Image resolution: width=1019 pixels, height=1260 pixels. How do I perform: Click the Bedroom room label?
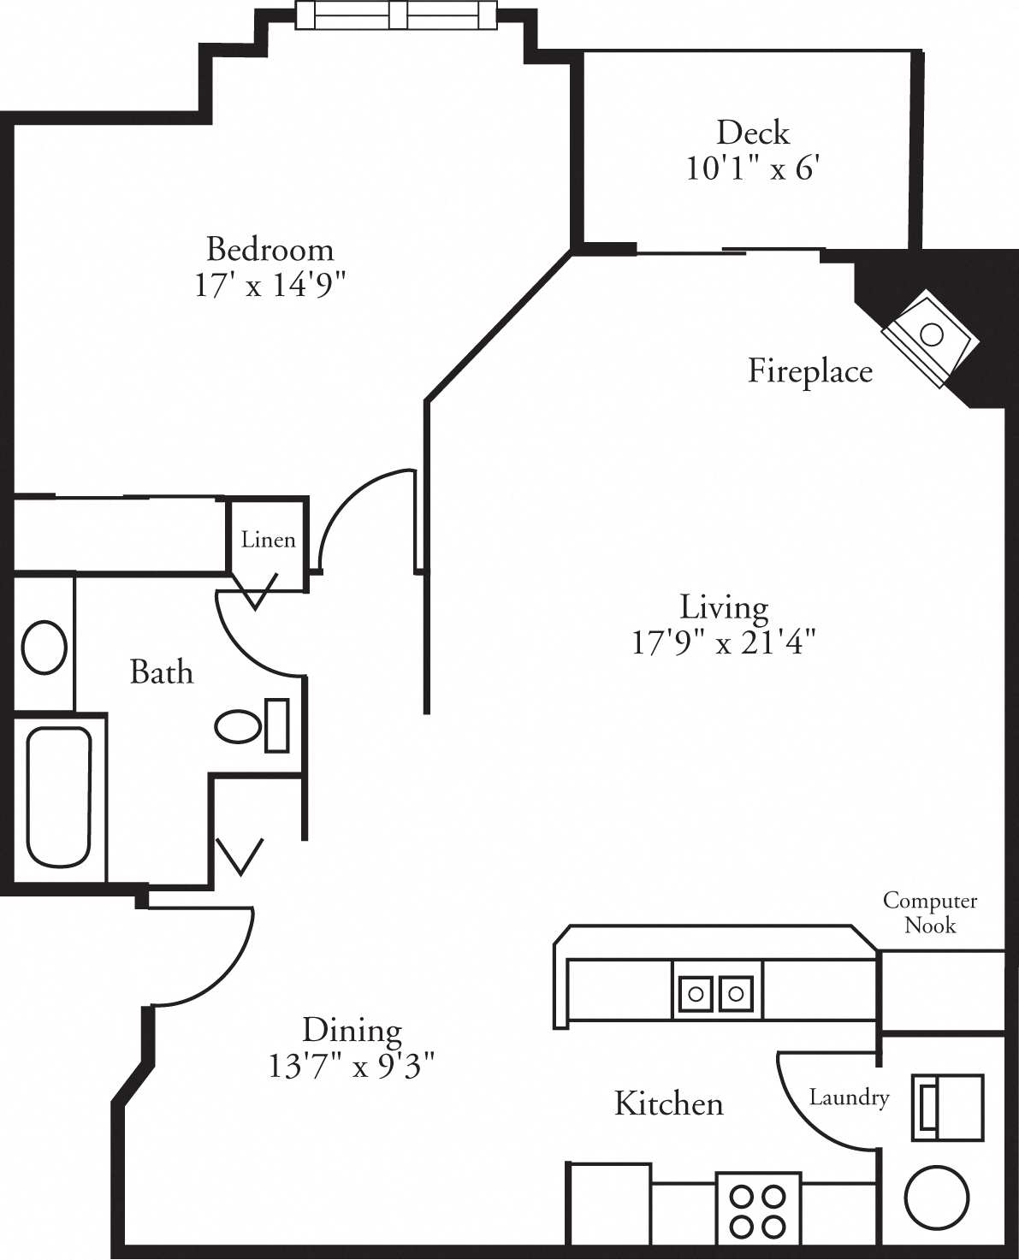(x=270, y=249)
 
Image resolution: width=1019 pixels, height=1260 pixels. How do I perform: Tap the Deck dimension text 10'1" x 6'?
(x=753, y=169)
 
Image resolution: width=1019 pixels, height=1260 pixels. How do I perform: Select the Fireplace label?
(x=809, y=371)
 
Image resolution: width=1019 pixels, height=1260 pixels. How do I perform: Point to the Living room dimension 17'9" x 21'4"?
(x=724, y=642)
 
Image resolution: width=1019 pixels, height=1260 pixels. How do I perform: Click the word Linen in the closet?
(x=268, y=540)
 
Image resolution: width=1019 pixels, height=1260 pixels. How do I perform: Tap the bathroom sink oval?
(x=44, y=648)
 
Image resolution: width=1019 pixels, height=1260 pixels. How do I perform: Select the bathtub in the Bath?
(x=58, y=796)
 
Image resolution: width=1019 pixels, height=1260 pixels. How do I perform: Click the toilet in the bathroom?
(x=248, y=726)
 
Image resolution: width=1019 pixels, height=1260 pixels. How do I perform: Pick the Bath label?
(x=161, y=672)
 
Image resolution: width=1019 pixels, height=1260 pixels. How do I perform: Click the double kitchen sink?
(x=717, y=993)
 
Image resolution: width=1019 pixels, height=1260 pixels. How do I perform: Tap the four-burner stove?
(x=758, y=1210)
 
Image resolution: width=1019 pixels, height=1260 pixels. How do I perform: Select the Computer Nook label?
(x=929, y=913)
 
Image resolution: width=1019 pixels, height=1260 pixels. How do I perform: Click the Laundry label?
(x=849, y=1097)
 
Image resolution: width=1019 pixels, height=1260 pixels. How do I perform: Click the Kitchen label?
(x=668, y=1103)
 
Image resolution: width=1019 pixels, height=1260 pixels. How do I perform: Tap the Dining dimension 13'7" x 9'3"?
(x=352, y=1067)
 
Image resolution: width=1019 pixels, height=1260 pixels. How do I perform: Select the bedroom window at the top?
(x=395, y=15)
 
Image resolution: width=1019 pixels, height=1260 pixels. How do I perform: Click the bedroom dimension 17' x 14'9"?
(x=270, y=285)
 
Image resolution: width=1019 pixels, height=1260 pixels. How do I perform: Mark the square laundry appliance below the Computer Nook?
(x=947, y=1108)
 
